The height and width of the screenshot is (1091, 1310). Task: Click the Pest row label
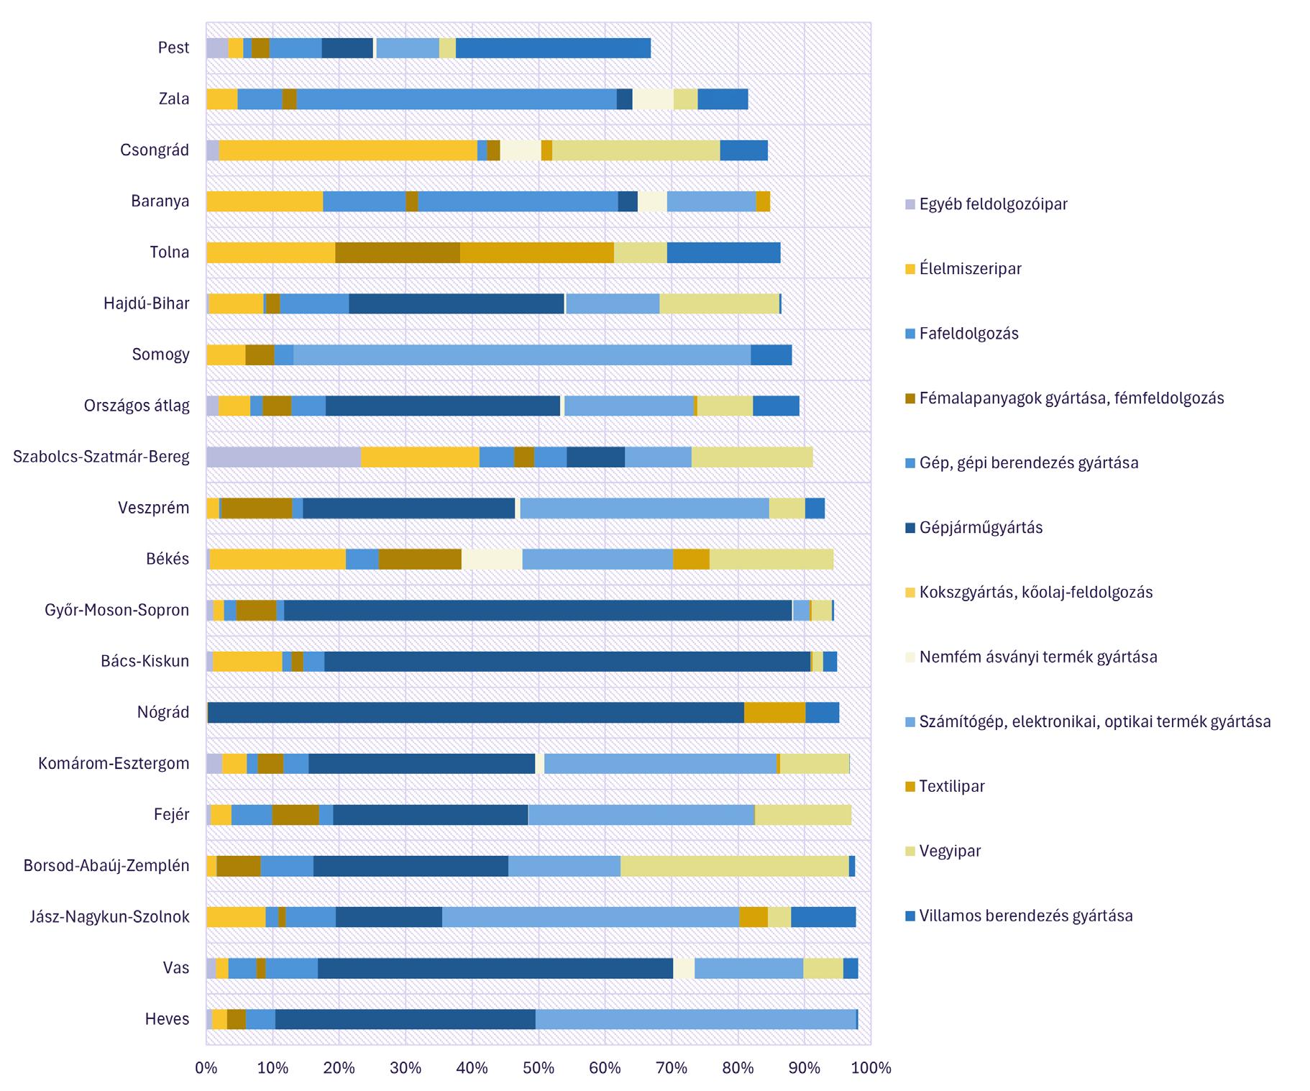point(173,48)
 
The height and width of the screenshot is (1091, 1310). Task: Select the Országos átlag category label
point(137,406)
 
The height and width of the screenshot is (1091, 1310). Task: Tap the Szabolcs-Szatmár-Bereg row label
point(101,457)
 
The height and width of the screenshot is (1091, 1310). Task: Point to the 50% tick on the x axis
point(539,1068)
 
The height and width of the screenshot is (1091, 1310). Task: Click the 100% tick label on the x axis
point(871,1068)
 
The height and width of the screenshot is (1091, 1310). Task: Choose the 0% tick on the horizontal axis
point(206,1068)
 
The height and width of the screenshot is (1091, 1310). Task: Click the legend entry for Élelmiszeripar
point(970,269)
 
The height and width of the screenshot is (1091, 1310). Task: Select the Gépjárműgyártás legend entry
point(981,528)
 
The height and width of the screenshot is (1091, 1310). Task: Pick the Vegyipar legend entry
point(950,852)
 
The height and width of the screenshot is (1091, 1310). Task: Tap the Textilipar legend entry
point(952,787)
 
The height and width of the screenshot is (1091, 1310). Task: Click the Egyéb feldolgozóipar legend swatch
point(910,204)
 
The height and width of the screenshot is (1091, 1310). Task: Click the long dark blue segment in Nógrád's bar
point(475,713)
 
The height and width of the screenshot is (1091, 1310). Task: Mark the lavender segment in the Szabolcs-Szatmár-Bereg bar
point(283,457)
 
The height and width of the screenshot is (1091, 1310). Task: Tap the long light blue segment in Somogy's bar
point(522,355)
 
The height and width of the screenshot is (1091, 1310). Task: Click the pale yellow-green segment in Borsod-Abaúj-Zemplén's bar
point(734,866)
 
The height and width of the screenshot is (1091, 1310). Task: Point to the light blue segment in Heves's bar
point(696,1019)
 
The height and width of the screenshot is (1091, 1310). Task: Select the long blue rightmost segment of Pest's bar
point(553,48)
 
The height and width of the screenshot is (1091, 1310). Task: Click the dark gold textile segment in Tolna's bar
point(537,252)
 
